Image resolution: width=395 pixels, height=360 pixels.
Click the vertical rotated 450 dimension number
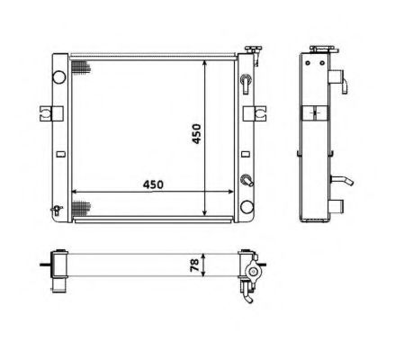(x=196, y=134)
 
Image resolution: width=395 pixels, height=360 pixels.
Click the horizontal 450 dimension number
(x=153, y=184)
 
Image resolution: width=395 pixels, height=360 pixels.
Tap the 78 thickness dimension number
(x=194, y=265)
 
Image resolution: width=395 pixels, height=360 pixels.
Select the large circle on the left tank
(x=59, y=76)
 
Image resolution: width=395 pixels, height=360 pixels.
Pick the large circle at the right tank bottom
(x=247, y=207)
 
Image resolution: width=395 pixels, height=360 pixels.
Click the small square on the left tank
(x=61, y=154)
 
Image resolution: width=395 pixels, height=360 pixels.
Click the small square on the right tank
(x=246, y=154)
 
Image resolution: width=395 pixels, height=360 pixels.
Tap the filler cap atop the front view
(x=254, y=49)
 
